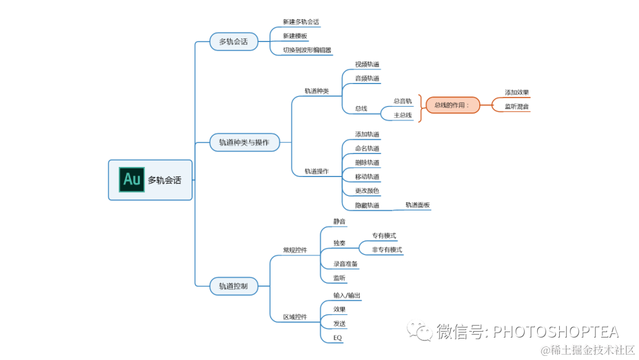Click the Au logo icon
tap(132, 180)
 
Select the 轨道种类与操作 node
tap(244, 143)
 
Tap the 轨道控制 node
tap(233, 287)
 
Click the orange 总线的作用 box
tap(452, 105)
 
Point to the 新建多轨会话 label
tap(301, 22)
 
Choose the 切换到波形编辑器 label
tap(306, 50)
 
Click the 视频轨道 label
tap(367, 65)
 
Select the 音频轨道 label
tap(367, 78)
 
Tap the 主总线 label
tap(403, 115)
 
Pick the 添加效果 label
tap(517, 93)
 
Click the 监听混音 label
tap(517, 107)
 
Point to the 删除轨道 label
tap(367, 163)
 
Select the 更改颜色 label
tap(367, 191)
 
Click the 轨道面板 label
tap(418, 205)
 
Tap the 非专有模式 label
tap(387, 250)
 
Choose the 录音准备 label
tap(345, 264)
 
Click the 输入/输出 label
tap(347, 295)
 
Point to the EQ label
tap(337, 338)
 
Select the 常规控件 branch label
tap(295, 250)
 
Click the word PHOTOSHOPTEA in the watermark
tap(556, 332)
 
